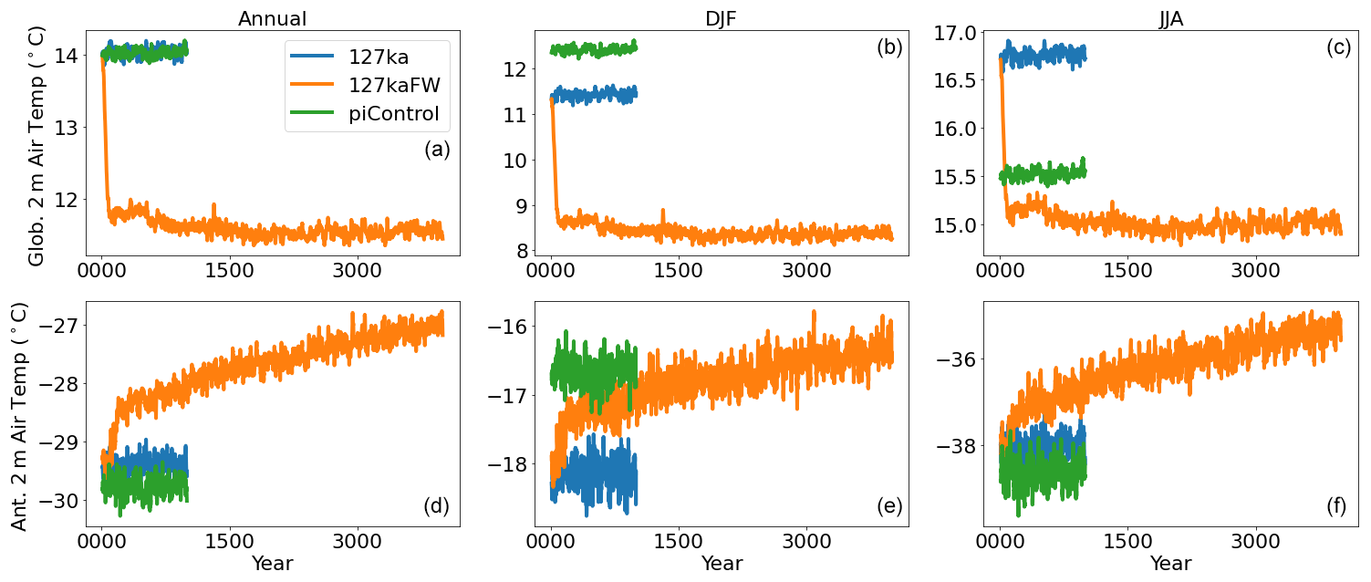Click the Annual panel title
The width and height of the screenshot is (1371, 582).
(272, 18)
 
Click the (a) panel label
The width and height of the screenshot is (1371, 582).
(437, 151)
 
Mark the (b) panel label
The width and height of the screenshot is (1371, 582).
(888, 48)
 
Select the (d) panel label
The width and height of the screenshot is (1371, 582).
(437, 507)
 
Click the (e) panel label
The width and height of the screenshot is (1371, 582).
(888, 507)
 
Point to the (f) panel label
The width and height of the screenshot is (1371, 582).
(1338, 507)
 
